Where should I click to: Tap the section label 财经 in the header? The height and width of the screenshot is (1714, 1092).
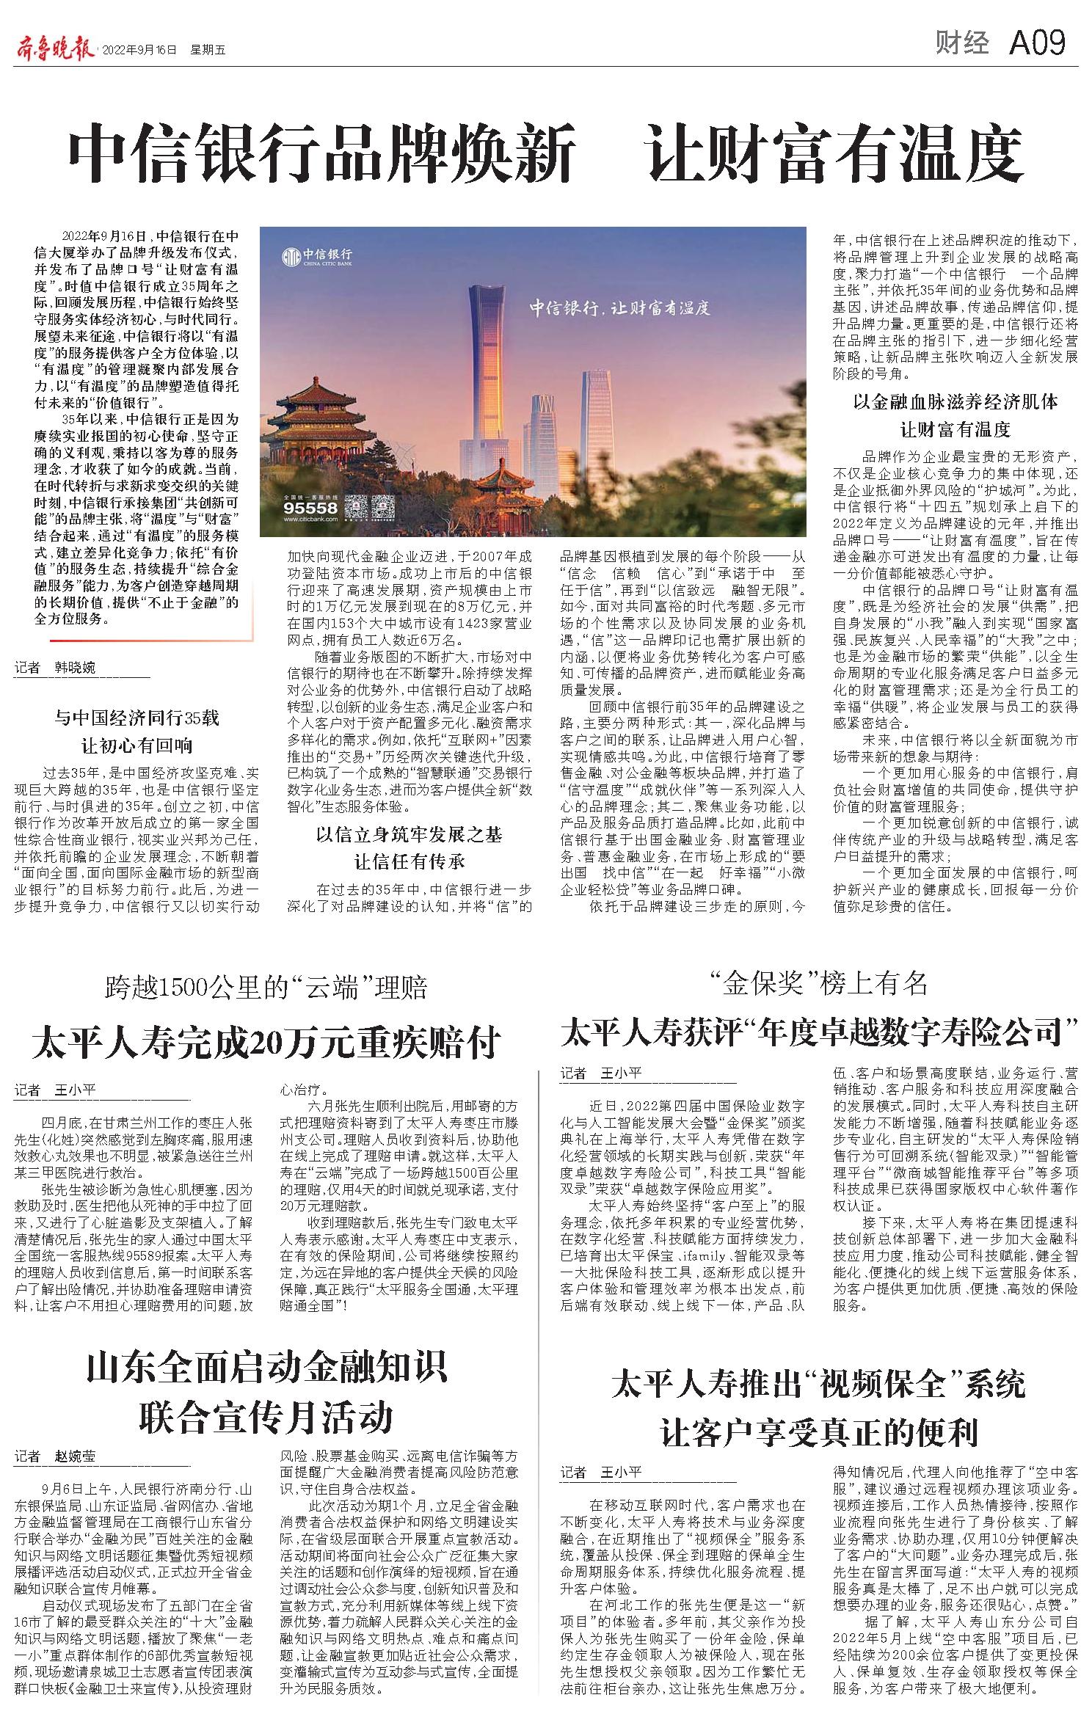(962, 45)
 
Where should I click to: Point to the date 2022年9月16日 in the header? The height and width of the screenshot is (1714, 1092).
(139, 50)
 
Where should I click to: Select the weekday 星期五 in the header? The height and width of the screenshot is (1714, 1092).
(208, 50)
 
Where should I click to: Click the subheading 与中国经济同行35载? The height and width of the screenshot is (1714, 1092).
(137, 718)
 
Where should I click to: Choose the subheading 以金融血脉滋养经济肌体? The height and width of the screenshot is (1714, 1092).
(955, 401)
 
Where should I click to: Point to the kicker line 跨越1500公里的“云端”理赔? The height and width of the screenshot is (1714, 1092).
(266, 988)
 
